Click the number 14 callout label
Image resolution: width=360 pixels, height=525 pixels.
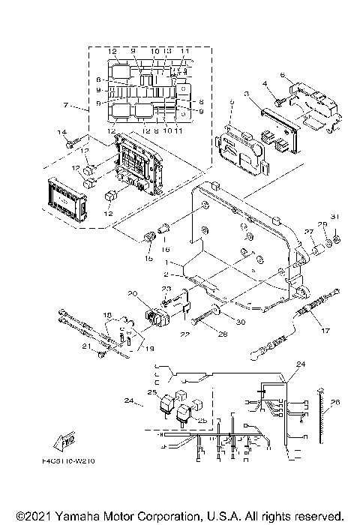(x=61, y=132)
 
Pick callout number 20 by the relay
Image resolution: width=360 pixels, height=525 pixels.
(x=133, y=293)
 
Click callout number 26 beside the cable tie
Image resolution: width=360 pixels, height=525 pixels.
(x=335, y=402)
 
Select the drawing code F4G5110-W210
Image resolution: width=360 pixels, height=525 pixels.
(x=79, y=462)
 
